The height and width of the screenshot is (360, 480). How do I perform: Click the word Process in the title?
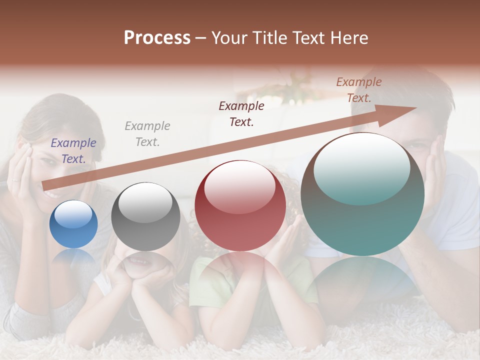click(157, 38)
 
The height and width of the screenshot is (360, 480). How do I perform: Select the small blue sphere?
click(73, 224)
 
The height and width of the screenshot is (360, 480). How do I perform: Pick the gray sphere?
click(145, 216)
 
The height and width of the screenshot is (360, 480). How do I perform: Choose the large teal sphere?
click(362, 194)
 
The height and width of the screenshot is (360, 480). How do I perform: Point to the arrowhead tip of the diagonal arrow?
click(416, 107)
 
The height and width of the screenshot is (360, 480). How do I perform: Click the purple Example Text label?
click(73, 151)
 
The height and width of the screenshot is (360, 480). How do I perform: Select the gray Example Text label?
click(147, 134)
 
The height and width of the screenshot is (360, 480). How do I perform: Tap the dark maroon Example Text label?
click(241, 114)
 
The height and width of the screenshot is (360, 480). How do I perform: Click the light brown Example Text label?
click(359, 90)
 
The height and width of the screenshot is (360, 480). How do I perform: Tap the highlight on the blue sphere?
click(73, 214)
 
